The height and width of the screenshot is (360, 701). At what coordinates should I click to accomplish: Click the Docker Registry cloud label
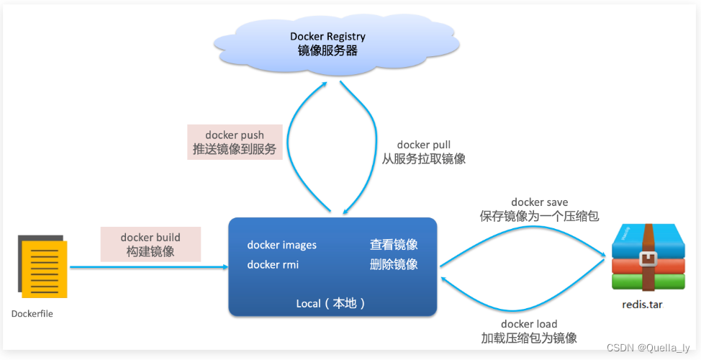[327, 43]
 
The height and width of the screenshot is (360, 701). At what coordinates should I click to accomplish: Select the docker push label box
[235, 143]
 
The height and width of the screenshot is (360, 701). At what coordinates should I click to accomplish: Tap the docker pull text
[423, 145]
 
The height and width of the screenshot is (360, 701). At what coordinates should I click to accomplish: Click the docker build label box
[150, 244]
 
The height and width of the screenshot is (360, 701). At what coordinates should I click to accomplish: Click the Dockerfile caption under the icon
[32, 314]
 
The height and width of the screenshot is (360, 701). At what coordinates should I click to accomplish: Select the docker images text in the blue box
[281, 245]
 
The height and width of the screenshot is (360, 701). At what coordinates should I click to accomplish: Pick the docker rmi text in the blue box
[273, 264]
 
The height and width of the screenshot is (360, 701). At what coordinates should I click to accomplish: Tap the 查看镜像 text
[394, 245]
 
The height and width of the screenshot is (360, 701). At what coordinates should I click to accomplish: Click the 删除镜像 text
[394, 264]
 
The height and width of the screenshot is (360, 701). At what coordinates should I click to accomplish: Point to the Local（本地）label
[332, 303]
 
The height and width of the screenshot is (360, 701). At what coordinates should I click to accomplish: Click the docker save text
[540, 202]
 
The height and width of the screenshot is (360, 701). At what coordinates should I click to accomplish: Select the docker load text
[529, 324]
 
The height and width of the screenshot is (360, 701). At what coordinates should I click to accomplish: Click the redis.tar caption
[642, 305]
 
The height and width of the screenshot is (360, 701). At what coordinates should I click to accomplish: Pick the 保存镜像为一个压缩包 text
[540, 216]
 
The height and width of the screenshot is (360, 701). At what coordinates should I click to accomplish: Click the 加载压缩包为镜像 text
[529, 338]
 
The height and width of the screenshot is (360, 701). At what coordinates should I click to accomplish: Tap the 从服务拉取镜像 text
[423, 159]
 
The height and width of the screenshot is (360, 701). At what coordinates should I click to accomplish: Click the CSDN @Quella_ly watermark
[648, 348]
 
